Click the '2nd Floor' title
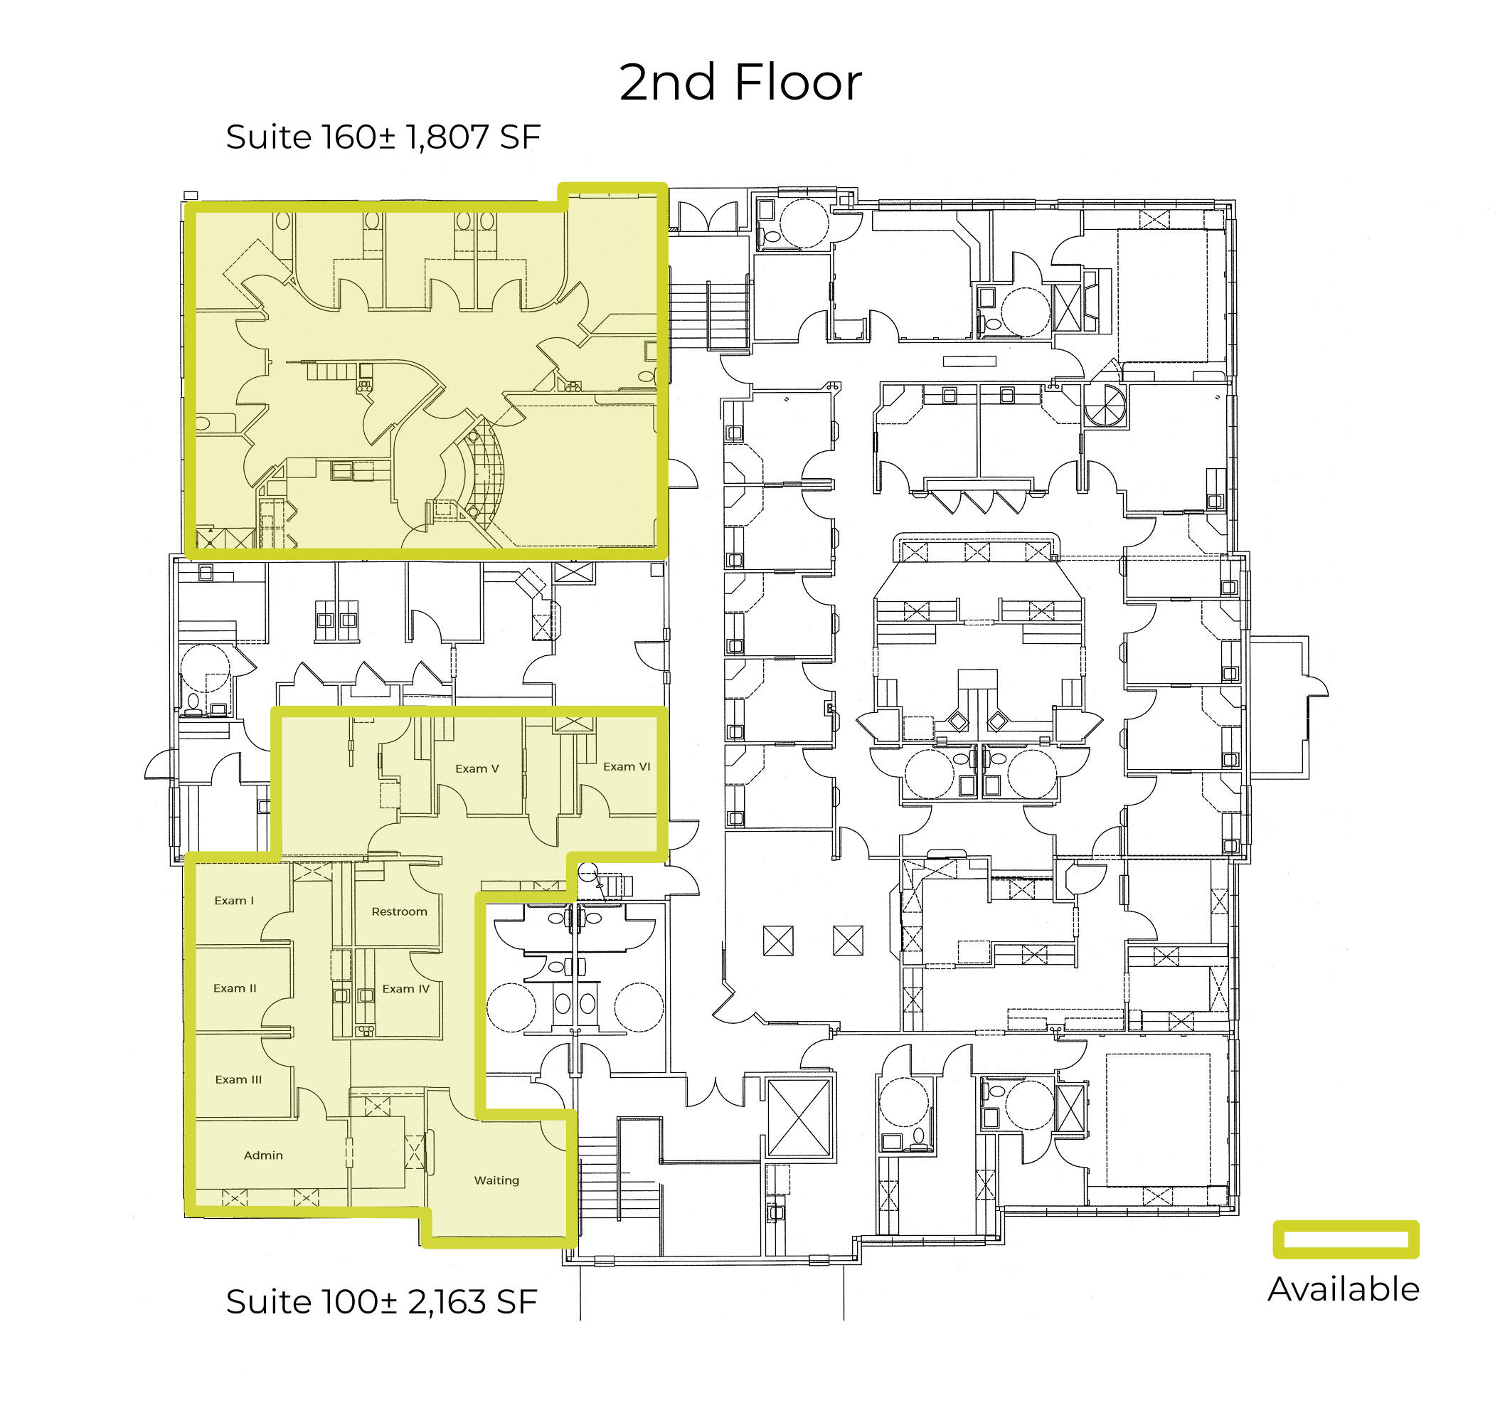pyautogui.click(x=740, y=82)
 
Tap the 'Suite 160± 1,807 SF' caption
pyautogui.click(x=383, y=137)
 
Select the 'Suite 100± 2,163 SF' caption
pyautogui.click(x=381, y=1301)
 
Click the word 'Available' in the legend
pyautogui.click(x=1344, y=1289)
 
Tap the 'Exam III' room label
pyautogui.click(x=238, y=1079)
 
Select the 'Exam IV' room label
pyautogui.click(x=405, y=989)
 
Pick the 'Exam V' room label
pyautogui.click(x=477, y=768)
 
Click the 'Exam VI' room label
pyautogui.click(x=627, y=767)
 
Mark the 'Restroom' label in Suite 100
pyautogui.click(x=399, y=911)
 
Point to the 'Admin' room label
pyautogui.click(x=263, y=1155)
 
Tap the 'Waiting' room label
pyautogui.click(x=496, y=1180)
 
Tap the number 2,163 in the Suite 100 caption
pyautogui.click(x=447, y=1302)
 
